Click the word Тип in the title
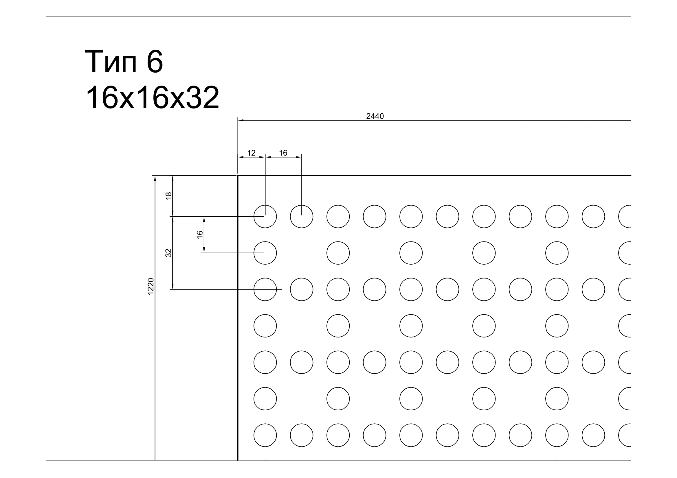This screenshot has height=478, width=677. (111, 62)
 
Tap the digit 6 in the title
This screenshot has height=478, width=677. (155, 62)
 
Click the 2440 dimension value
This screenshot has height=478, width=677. (375, 116)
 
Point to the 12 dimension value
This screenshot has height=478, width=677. (251, 153)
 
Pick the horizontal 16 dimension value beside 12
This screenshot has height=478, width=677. (283, 153)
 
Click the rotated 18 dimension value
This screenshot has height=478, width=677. (169, 196)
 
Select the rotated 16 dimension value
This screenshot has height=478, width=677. (200, 235)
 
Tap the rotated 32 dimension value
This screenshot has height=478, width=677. (168, 253)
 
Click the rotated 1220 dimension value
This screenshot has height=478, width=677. (151, 286)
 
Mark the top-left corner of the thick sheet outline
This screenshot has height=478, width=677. (238, 176)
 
